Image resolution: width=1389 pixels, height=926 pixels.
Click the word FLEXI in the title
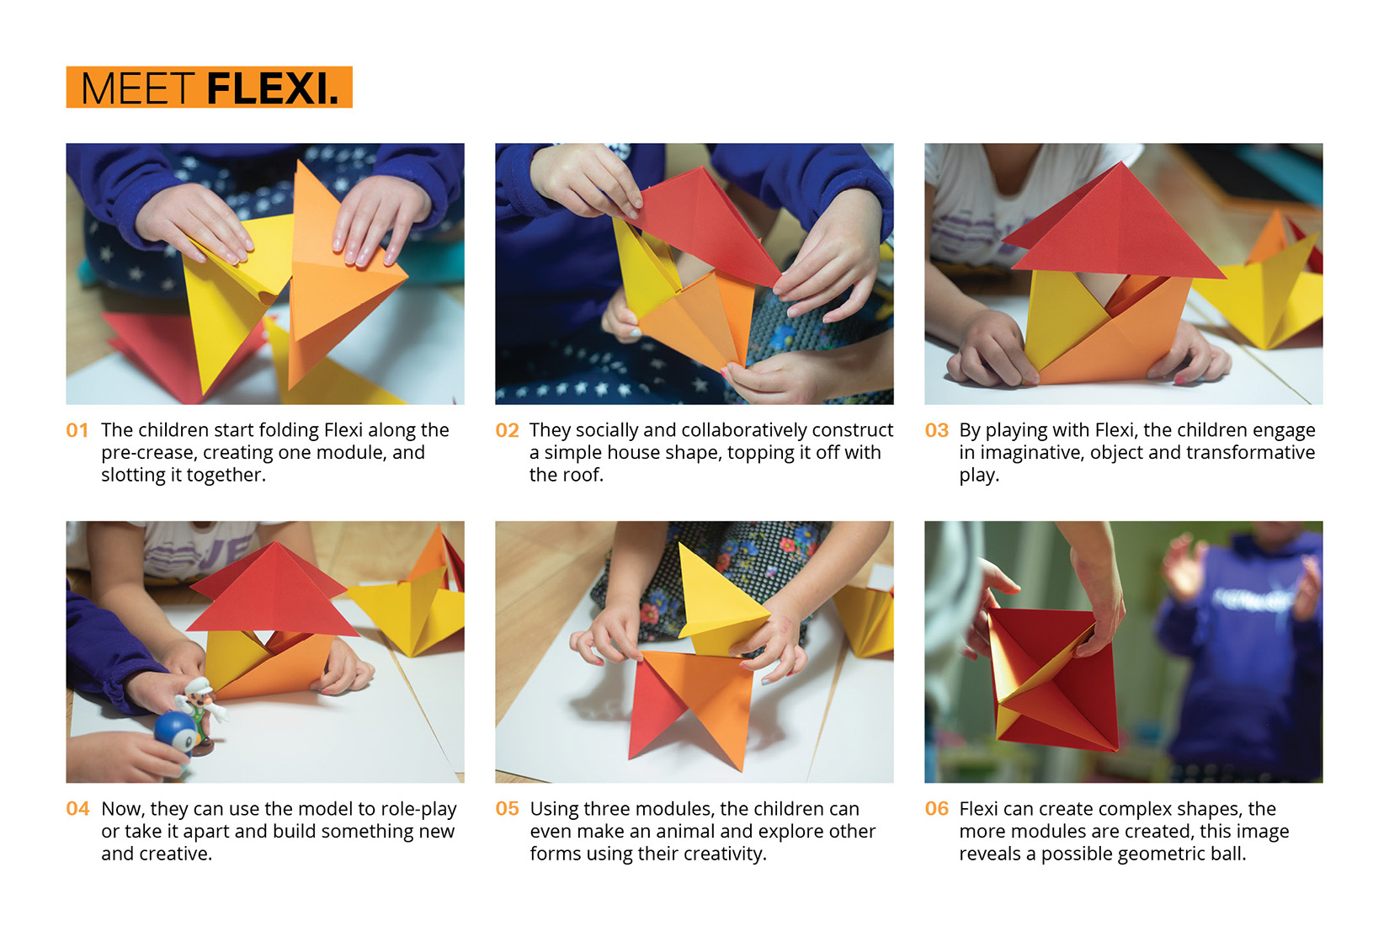point(272,88)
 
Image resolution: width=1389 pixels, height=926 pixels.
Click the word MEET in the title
point(137,88)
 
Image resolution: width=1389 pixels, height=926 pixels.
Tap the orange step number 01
point(77,430)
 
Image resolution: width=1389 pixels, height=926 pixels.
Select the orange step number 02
point(507,430)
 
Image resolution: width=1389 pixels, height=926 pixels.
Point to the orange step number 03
point(936,430)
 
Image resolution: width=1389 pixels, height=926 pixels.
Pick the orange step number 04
point(77,809)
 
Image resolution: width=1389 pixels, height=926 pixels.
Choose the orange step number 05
point(507,809)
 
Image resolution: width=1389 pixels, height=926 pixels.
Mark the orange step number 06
point(936,809)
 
